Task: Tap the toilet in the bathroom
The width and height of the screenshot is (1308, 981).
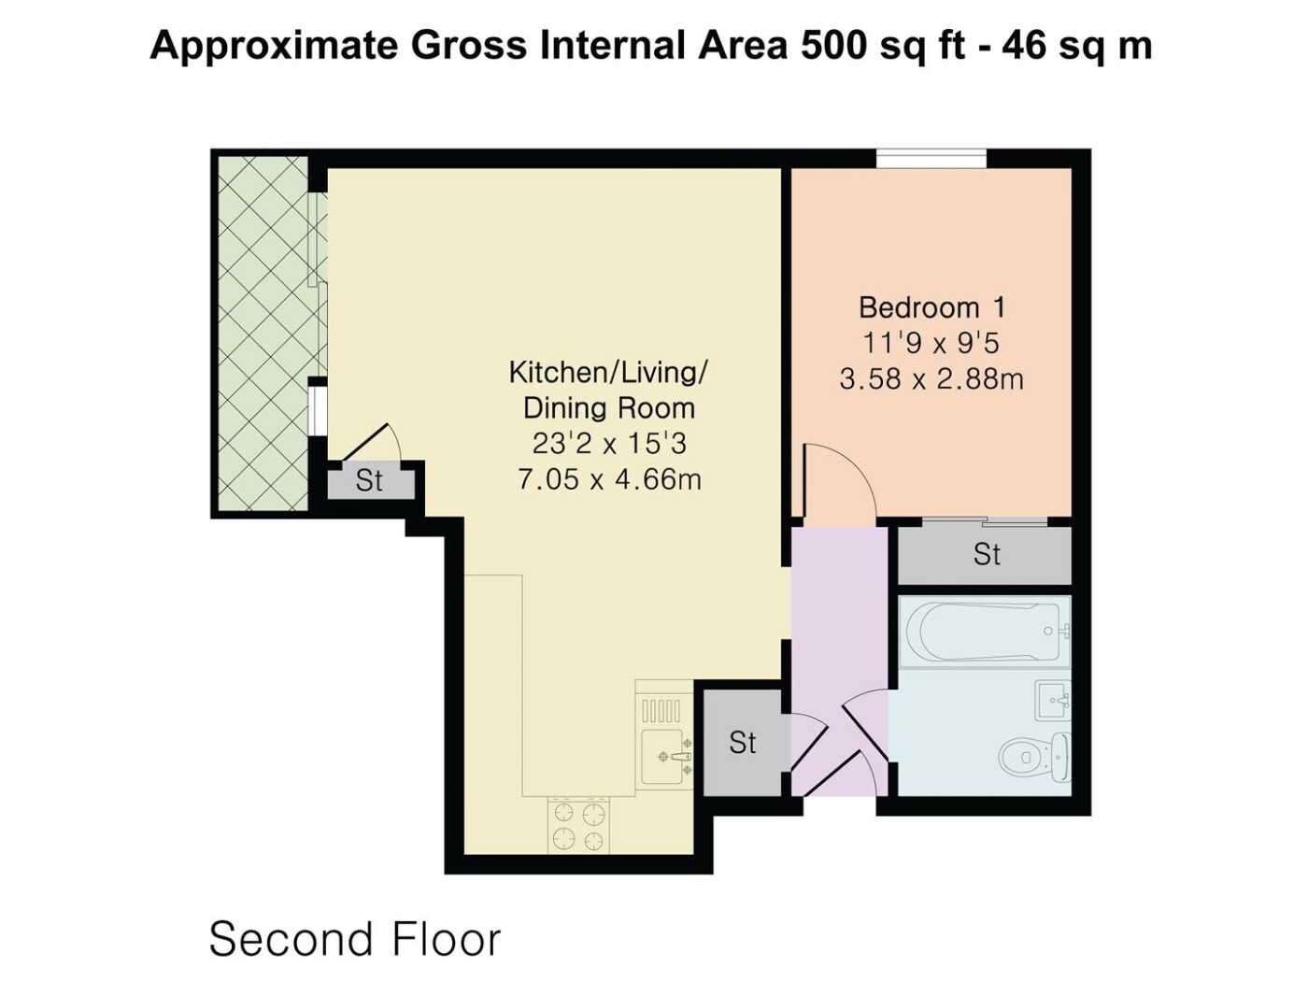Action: [x=1034, y=757]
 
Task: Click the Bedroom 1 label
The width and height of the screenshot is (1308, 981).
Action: [x=932, y=308]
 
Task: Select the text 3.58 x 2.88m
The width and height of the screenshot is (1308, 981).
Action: [x=931, y=378]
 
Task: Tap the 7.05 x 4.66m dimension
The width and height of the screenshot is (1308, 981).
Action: [x=609, y=479]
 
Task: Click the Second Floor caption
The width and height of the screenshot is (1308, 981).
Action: [x=354, y=939]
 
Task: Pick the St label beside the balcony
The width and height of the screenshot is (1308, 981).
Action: [x=369, y=480]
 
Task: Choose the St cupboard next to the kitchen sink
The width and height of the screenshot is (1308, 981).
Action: [x=743, y=743]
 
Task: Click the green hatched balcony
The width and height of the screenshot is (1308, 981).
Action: [x=263, y=334]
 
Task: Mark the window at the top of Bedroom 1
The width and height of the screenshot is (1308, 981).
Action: [x=931, y=159]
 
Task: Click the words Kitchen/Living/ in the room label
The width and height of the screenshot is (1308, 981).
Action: [x=608, y=373]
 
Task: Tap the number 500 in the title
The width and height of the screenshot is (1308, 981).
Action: [x=832, y=46]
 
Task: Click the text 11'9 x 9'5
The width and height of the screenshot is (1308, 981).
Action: [x=931, y=343]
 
